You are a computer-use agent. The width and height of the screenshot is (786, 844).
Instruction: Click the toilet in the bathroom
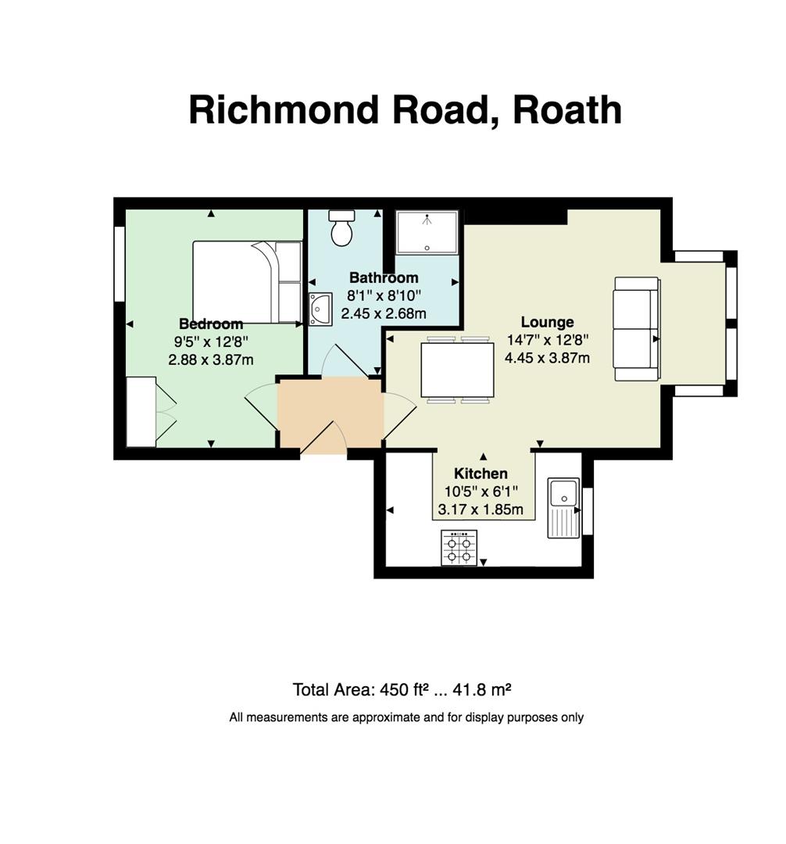(x=341, y=227)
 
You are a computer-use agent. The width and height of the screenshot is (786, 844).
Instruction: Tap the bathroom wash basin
(x=320, y=309)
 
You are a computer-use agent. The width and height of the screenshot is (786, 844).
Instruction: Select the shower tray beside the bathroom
(x=427, y=232)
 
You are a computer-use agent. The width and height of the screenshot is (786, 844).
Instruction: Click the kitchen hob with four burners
(x=459, y=547)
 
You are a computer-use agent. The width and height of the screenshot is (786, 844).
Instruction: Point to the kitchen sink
(x=563, y=508)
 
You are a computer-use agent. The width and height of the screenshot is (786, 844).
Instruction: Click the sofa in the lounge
(x=638, y=329)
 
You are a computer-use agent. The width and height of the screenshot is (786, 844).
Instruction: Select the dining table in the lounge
(x=458, y=369)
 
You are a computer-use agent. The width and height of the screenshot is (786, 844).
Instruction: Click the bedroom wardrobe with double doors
(x=151, y=412)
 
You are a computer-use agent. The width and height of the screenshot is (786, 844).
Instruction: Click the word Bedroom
(x=211, y=324)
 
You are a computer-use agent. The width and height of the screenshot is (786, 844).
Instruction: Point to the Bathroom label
(x=384, y=277)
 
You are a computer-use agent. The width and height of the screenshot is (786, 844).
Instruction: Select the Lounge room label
(x=547, y=322)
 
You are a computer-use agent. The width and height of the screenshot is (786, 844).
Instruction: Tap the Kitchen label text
(x=481, y=474)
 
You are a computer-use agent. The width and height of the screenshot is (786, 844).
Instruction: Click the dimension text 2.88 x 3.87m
(x=211, y=359)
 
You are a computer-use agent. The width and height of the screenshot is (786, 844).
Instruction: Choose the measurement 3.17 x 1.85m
(x=481, y=510)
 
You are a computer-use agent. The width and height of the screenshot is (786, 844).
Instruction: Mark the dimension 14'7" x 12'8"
(x=547, y=340)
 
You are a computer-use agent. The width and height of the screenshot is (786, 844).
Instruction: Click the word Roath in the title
(x=567, y=109)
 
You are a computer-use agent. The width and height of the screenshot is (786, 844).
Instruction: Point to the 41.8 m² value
(x=481, y=689)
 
